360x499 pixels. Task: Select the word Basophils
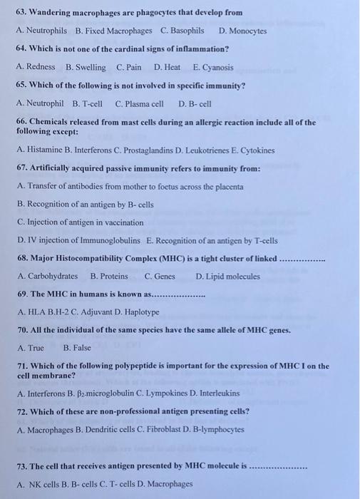click(187, 31)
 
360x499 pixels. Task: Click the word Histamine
click(47, 150)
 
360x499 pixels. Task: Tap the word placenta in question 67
click(227, 186)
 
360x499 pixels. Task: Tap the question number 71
click(21, 366)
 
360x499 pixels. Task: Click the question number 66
click(21, 123)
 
